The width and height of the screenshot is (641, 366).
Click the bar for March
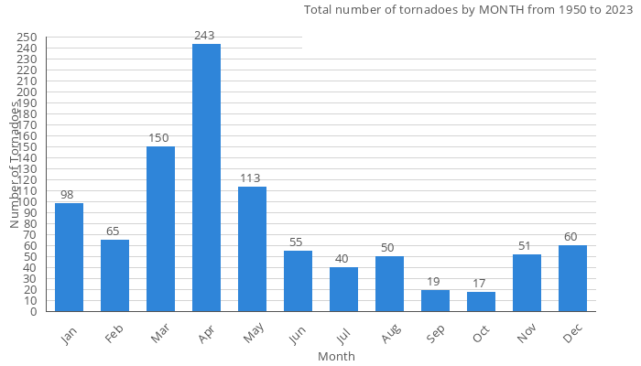[160, 229]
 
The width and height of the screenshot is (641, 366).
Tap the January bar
[69, 257]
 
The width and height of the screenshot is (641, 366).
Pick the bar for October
[481, 302]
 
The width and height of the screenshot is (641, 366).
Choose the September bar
[435, 301]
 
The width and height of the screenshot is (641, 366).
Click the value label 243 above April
[206, 36]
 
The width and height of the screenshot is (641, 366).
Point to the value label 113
[252, 178]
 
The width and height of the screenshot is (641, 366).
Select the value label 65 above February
[114, 231]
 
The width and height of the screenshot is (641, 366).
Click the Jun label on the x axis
[296, 336]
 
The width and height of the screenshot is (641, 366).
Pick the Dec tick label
[571, 336]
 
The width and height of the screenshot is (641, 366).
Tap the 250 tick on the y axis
[27, 37]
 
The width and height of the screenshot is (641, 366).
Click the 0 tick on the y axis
[33, 311]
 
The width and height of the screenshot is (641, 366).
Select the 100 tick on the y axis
[27, 201]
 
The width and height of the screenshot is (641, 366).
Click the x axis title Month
[336, 356]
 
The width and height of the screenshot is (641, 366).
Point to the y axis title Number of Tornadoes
[16, 165]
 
